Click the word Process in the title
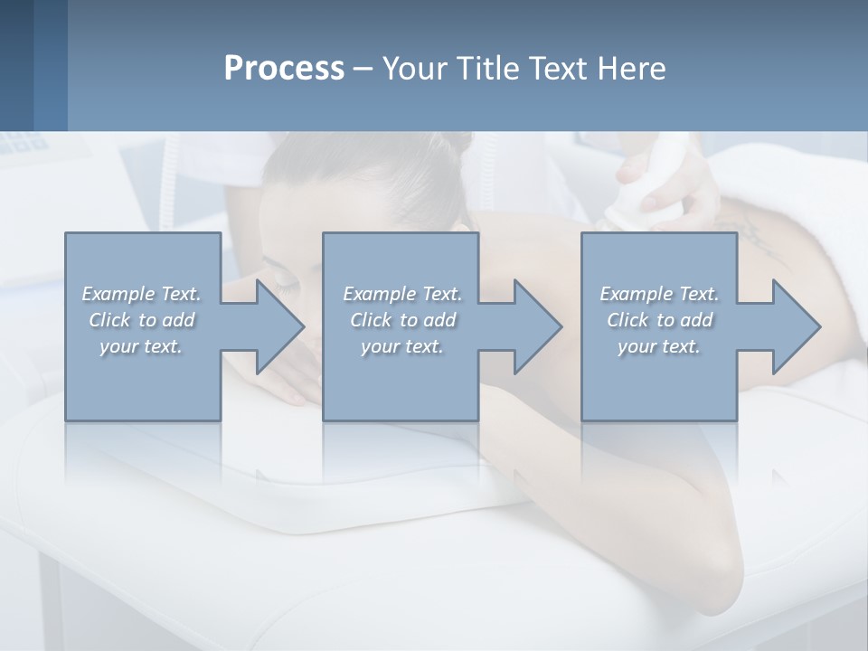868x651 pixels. pyautogui.click(x=284, y=69)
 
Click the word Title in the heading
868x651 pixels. pyautogui.click(x=494, y=69)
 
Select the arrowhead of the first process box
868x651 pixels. pyautogui.click(x=277, y=326)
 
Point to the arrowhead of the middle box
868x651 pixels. pyautogui.click(x=535, y=326)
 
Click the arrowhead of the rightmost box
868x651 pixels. pyautogui.click(x=794, y=326)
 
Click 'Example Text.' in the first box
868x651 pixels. pyautogui.click(x=142, y=294)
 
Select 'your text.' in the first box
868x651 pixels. pyautogui.click(x=142, y=346)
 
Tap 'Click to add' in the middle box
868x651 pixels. pyautogui.click(x=402, y=320)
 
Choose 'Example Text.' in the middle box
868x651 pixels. pyautogui.click(x=402, y=294)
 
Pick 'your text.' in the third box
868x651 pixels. pyautogui.click(x=659, y=346)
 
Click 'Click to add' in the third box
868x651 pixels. pyautogui.click(x=659, y=320)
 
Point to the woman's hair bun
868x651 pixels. pyautogui.click(x=458, y=145)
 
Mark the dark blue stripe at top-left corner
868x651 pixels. pyautogui.click(x=16, y=63)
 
